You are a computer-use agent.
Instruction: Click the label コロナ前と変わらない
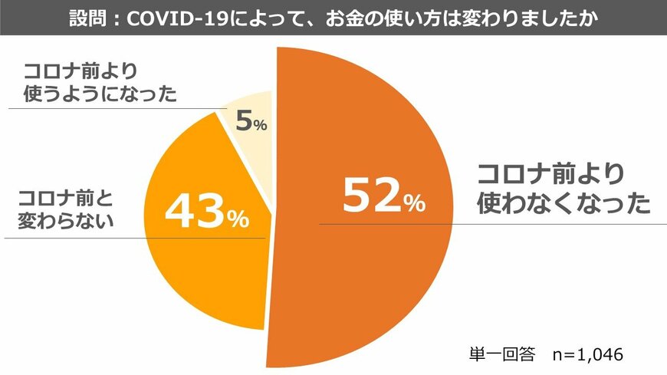(x=66, y=209)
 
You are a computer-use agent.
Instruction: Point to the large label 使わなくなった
(x=563, y=203)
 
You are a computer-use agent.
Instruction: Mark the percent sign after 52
(x=414, y=204)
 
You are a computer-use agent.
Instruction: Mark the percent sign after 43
(x=238, y=221)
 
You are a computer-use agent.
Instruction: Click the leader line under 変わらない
(x=115, y=237)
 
